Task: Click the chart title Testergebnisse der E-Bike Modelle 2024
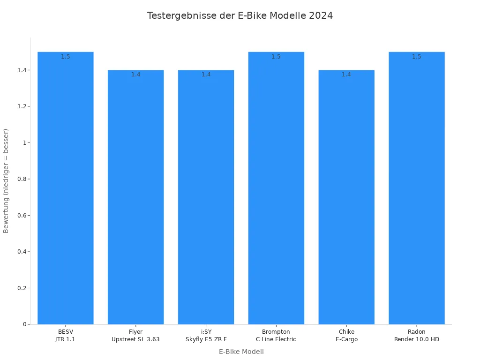pyautogui.click(x=240, y=15)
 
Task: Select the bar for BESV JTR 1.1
pyautogui.click(x=66, y=187)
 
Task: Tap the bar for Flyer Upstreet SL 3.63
pyautogui.click(x=135, y=197)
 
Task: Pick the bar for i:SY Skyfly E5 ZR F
pyautogui.click(x=206, y=197)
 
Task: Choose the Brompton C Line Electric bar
pyautogui.click(x=276, y=187)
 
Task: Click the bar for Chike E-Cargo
pyautogui.click(x=346, y=197)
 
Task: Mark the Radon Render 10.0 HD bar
pyautogui.click(x=417, y=187)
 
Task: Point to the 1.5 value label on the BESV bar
pyautogui.click(x=66, y=57)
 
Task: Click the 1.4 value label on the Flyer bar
pyautogui.click(x=135, y=75)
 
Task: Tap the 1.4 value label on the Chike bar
pyautogui.click(x=346, y=75)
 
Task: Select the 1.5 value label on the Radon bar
pyautogui.click(x=417, y=57)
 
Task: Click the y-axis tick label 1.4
pyautogui.click(x=22, y=70)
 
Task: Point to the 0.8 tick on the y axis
pyautogui.click(x=22, y=179)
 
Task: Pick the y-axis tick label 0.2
pyautogui.click(x=22, y=288)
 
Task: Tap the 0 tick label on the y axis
pyautogui.click(x=24, y=324)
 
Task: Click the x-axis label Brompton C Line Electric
pyautogui.click(x=276, y=336)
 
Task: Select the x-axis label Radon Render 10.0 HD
pyautogui.click(x=417, y=336)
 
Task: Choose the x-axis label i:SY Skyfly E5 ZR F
pyautogui.click(x=206, y=336)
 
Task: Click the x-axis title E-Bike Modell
pyautogui.click(x=241, y=352)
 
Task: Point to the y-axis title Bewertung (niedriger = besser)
pyautogui.click(x=6, y=180)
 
